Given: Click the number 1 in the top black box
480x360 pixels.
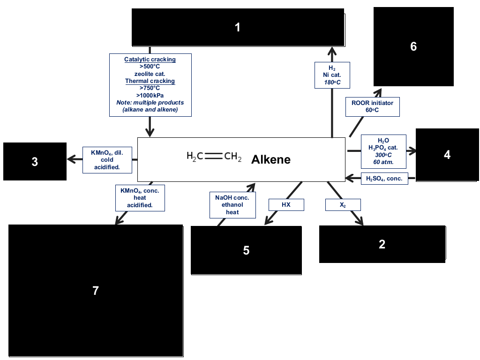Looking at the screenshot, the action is [x=237, y=28].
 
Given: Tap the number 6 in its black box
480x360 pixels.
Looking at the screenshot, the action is [x=413, y=46].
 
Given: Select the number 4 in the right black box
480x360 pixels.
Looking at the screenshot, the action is [x=447, y=155].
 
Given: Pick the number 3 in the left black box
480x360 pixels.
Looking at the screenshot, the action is [x=35, y=162].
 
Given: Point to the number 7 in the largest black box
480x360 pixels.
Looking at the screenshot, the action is [x=96, y=291].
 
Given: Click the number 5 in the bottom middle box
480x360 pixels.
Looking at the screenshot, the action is [x=246, y=250].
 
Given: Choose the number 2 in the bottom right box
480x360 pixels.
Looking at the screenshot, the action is [x=382, y=244].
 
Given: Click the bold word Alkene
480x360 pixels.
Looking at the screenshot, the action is [x=270, y=159].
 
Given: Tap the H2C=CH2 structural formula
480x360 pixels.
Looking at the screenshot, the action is [x=214, y=157].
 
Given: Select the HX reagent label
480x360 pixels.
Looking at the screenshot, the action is [x=286, y=204].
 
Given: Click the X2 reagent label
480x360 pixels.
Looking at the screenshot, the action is [x=343, y=205].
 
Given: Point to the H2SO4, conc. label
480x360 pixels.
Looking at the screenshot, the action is [x=384, y=179].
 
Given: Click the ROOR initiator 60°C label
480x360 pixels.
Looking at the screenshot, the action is [x=372, y=106].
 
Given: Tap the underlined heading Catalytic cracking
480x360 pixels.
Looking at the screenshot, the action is [x=150, y=60].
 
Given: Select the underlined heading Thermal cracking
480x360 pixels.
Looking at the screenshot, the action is [x=150, y=81].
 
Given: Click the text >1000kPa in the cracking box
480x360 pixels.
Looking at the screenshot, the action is [x=150, y=95].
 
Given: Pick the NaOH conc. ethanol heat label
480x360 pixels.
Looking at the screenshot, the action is [x=232, y=205].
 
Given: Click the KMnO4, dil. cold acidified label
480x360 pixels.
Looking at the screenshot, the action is [x=107, y=160].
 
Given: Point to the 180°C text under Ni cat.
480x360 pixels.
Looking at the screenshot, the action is [x=332, y=82].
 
